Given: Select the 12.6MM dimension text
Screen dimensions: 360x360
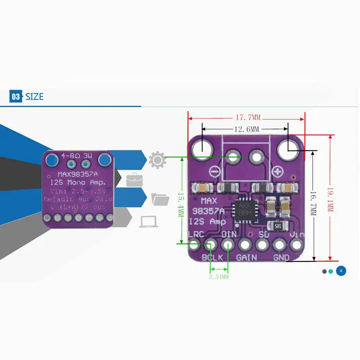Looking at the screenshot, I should tap(246, 130).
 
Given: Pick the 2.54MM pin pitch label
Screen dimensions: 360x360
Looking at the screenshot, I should tap(219, 277).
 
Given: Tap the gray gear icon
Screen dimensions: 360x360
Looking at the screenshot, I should tap(157, 160).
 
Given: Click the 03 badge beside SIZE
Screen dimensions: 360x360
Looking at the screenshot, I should tap(16, 96).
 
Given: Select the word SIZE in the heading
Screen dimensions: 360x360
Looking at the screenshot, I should tap(35, 96).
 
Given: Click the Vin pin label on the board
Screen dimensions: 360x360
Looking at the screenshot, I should tap(297, 234).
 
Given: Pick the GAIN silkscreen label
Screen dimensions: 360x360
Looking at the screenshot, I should tap(246, 257).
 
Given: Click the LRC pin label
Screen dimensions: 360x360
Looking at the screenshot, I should tap(196, 234).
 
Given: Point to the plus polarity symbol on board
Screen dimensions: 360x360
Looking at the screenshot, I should tap(278, 171).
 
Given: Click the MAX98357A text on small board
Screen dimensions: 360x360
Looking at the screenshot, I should tap(78, 174).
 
